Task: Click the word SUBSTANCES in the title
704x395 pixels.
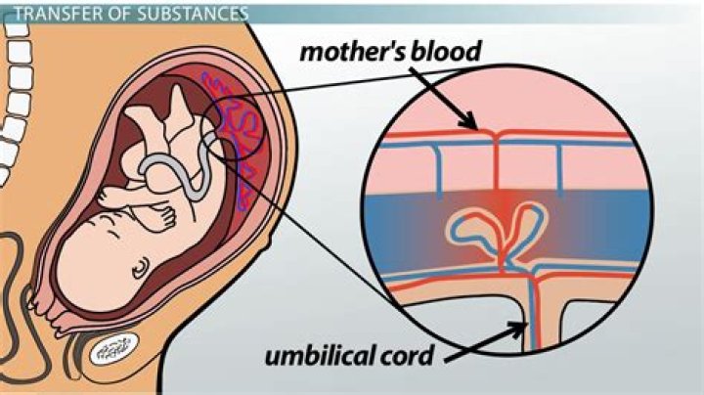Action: click(x=193, y=14)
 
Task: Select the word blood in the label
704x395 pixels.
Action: click(x=446, y=51)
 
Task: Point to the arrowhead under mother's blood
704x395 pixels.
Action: click(x=468, y=120)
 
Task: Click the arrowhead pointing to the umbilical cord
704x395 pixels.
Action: click(x=517, y=329)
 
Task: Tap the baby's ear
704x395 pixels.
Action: click(x=142, y=268)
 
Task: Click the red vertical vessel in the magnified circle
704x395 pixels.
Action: click(x=497, y=161)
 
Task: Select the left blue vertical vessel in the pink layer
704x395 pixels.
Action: click(x=438, y=171)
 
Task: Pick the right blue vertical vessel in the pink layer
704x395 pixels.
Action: click(x=559, y=170)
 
